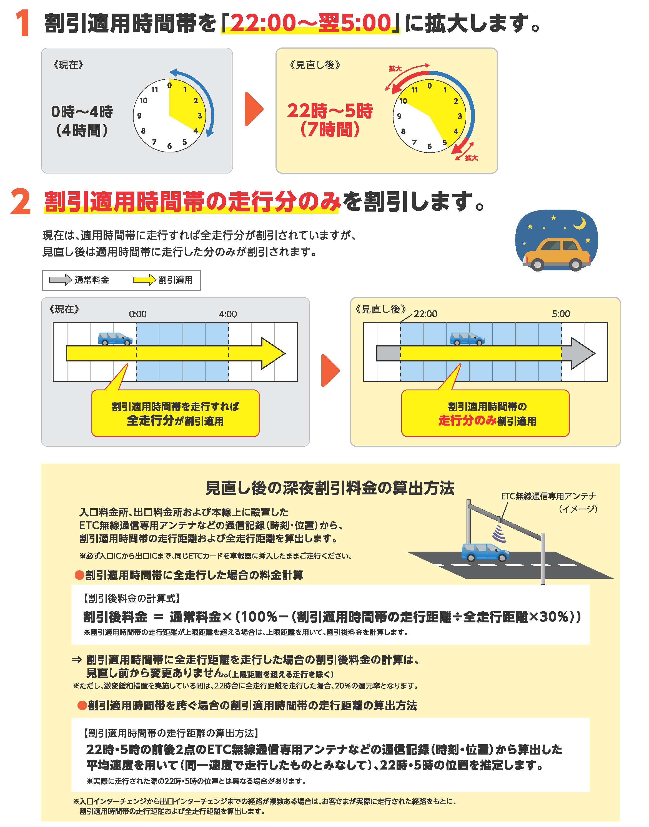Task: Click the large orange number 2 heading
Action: [x=21, y=201]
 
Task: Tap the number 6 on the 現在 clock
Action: [x=169, y=146]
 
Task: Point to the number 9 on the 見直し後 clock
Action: [x=399, y=116]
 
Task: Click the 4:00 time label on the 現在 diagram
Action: [x=228, y=314]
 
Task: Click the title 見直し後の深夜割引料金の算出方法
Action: [x=330, y=488]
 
